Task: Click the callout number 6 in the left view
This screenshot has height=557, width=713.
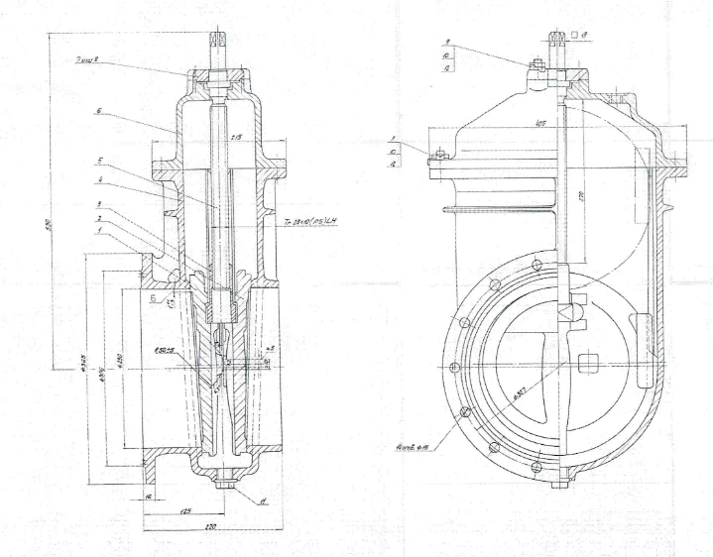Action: (x=99, y=112)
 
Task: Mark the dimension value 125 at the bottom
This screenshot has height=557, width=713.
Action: (x=184, y=513)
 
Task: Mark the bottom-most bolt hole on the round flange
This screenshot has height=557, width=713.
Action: (x=536, y=464)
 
